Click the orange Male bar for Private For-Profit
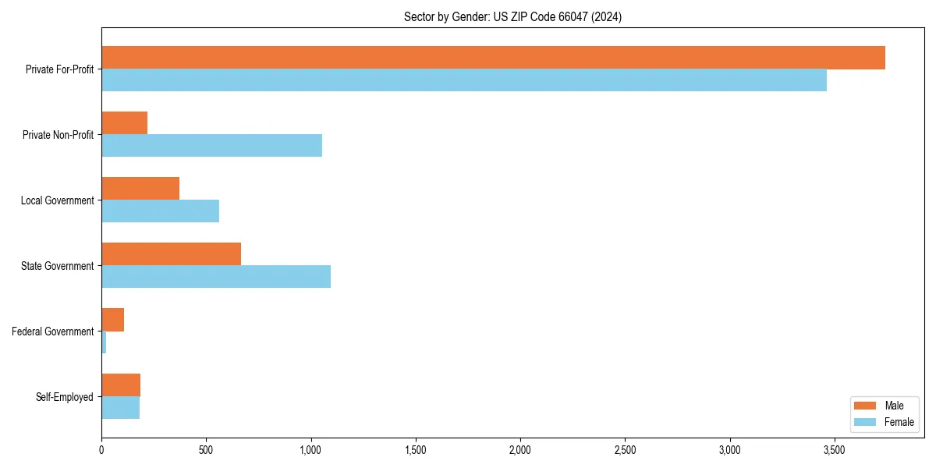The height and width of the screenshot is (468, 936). [x=493, y=58]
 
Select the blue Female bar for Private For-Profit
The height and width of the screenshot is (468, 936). [x=464, y=80]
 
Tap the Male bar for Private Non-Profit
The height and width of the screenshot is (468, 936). [x=125, y=123]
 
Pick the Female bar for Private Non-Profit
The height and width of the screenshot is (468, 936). [x=211, y=146]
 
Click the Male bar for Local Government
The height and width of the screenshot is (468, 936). [x=140, y=189]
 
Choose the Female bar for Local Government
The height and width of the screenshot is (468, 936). [x=160, y=211]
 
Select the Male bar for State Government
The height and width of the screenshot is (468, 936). [x=172, y=254]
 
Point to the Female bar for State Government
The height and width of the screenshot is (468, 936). [x=216, y=277]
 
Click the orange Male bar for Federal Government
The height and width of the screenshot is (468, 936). [x=113, y=320]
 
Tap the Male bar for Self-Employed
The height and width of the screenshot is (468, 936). [x=121, y=385]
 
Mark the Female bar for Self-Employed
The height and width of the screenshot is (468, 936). [x=121, y=408]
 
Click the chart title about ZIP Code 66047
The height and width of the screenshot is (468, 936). [x=512, y=16]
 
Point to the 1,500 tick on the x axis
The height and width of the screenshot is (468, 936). [x=416, y=451]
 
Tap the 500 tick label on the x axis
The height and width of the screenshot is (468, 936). [x=206, y=451]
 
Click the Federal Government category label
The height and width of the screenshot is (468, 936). [x=53, y=331]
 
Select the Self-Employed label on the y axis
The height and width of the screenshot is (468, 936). [x=65, y=397]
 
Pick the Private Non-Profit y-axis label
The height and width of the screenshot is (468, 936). [x=58, y=135]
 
